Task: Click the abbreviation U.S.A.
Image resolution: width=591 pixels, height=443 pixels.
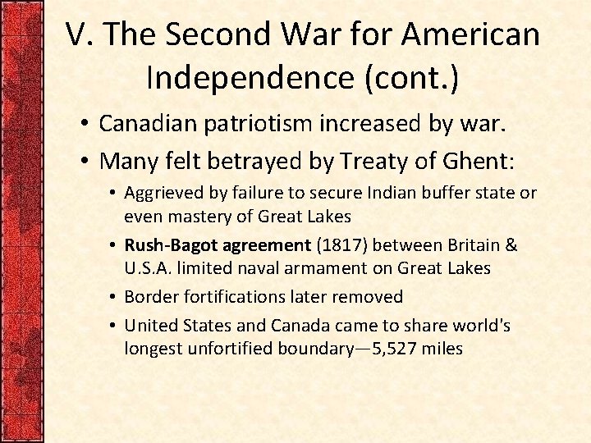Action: click(145, 267)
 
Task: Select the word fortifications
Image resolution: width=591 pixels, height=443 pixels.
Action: click(227, 296)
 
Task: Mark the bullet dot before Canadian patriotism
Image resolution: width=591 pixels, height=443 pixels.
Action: click(85, 125)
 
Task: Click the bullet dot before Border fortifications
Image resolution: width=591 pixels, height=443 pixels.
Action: click(113, 297)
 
